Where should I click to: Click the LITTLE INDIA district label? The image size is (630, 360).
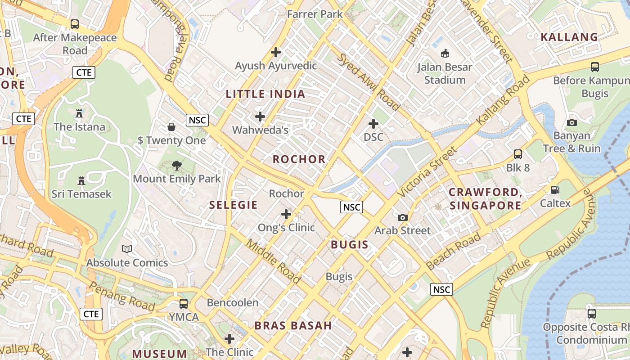pos(265,94)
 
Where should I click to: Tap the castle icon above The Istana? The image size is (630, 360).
pos(79,113)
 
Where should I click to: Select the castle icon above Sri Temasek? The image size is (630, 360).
pos(81,181)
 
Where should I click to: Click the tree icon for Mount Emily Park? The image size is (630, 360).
pos(177,166)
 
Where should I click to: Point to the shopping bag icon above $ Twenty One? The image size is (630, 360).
pos(171,127)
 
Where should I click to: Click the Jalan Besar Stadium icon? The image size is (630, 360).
pos(445,54)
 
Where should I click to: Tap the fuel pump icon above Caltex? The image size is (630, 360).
pos(555,190)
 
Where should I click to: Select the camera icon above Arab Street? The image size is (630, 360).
pos(403,218)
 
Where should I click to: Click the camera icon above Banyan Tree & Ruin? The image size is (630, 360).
pos(572,122)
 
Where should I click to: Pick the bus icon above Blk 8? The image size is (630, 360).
pos(518,154)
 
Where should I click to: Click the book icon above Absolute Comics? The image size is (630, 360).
pos(127,249)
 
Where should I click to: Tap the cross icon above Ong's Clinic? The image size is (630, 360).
pos(286,214)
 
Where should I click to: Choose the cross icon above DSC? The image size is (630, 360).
pos(373,123)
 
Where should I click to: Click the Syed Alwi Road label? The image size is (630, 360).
pos(368,82)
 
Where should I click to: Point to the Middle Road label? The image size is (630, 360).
pos(273,261)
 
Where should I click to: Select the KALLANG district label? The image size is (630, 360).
pos(569,37)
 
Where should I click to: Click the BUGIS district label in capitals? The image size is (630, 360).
pos(350,245)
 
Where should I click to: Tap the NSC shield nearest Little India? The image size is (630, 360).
pos(197,120)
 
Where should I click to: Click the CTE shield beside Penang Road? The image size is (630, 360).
pos(91,314)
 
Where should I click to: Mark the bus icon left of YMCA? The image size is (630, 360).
pos(184,303)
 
